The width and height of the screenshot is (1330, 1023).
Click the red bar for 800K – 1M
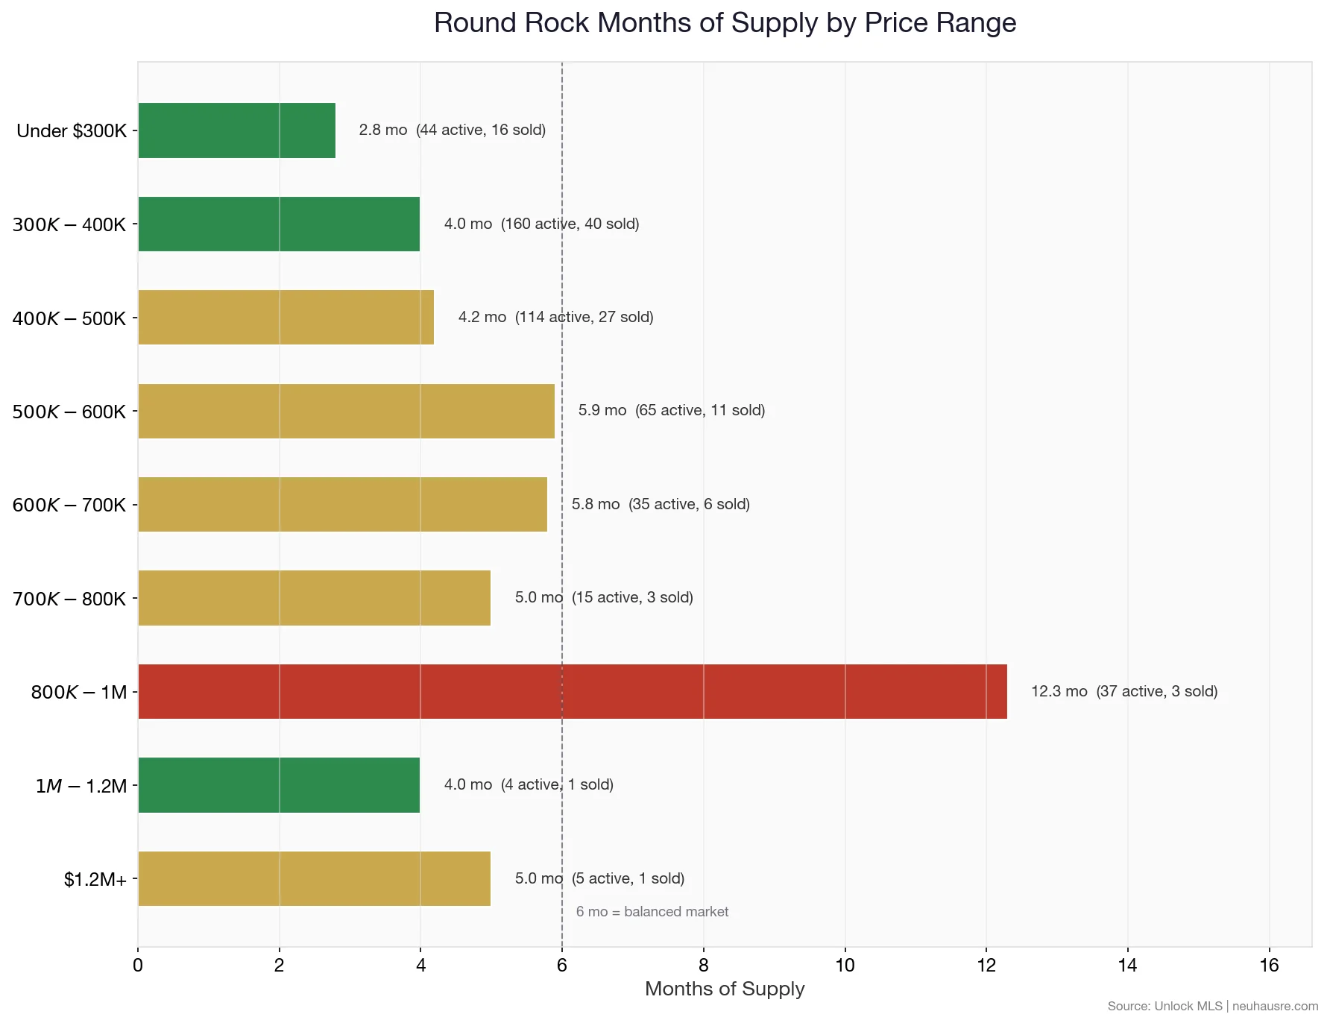coord(572,691)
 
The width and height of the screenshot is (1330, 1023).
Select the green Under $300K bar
coord(236,130)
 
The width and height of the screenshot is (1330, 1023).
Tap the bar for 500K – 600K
coord(346,411)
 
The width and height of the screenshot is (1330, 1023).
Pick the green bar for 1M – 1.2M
coord(279,785)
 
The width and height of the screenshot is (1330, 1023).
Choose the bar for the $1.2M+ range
coord(314,878)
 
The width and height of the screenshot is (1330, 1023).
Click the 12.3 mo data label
coord(1059,691)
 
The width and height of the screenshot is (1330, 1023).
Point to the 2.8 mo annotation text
coord(382,130)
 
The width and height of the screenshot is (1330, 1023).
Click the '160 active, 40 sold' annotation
coord(570,224)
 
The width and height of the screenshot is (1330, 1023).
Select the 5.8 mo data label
coord(595,504)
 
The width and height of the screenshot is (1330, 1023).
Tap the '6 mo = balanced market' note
coord(652,911)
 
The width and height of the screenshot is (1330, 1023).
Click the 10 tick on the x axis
coord(845,966)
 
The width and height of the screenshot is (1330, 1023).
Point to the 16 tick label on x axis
coord(1268,966)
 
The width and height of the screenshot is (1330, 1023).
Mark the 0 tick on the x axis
coord(138,966)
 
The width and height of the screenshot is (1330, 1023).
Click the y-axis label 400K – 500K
coord(69,318)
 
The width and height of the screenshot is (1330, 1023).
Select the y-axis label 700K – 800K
coord(69,599)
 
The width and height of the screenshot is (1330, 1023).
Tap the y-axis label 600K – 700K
coord(69,505)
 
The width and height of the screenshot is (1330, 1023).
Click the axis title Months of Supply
coord(724,989)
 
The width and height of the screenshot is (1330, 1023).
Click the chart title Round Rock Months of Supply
coord(724,23)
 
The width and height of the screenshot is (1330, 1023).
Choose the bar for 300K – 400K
coord(279,224)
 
